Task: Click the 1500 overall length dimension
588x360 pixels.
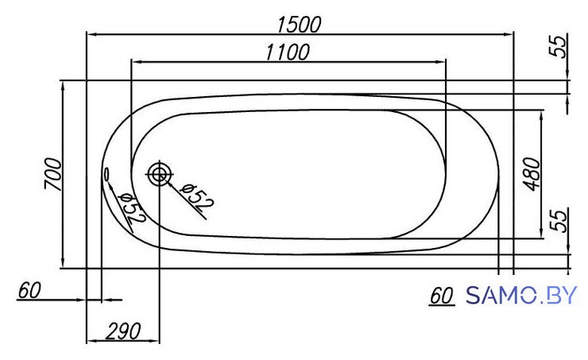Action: coord(300,25)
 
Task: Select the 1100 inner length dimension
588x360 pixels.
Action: coord(288,52)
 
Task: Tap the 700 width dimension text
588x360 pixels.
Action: coord(52,174)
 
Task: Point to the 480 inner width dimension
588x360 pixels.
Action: coord(532,174)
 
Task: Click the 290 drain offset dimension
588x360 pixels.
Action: coord(123,331)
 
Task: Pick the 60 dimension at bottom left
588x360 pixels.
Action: coord(29,290)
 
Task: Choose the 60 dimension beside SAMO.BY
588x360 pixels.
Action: coord(441,296)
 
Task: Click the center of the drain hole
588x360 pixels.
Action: coord(160,174)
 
